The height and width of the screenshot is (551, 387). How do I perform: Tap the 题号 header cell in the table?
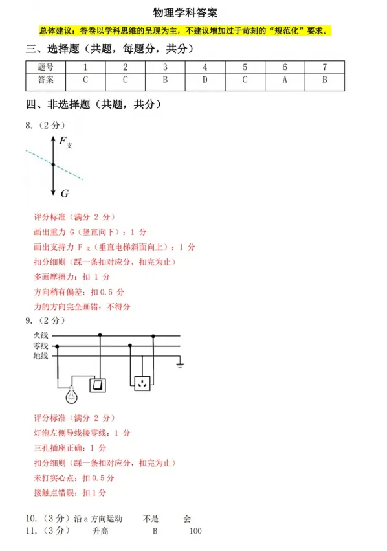coord(45,67)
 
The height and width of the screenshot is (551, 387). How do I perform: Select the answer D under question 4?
coord(205,80)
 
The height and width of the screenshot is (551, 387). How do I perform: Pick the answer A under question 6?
coord(285,80)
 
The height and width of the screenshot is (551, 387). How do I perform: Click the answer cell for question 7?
coord(324,80)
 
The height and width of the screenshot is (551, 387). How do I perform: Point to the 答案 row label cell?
coord(45,80)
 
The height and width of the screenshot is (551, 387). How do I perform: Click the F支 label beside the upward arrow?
coord(65,142)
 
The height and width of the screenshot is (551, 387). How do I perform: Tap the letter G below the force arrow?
coord(65,194)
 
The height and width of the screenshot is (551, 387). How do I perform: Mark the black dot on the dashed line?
coord(53,165)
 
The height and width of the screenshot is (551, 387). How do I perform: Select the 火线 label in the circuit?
coord(41,335)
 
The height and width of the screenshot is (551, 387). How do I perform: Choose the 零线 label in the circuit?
coord(41,346)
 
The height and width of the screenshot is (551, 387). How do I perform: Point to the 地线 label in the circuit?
coord(41,355)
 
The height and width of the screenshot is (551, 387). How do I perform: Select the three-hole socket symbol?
coord(142,384)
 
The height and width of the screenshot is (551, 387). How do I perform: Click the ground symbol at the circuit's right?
coord(181,366)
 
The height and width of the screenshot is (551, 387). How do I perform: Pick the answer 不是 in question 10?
coord(151,519)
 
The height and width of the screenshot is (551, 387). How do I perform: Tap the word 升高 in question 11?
coord(100,531)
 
